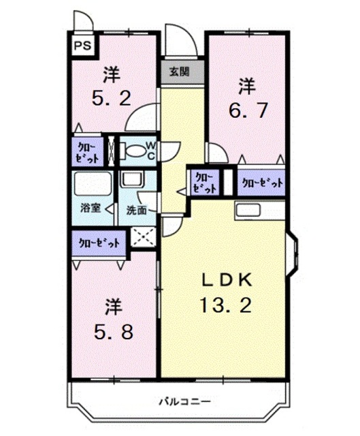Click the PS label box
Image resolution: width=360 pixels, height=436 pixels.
[x=82, y=46]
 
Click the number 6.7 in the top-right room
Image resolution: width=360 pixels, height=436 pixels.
[x=246, y=109]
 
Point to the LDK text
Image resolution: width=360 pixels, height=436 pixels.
[x=226, y=280]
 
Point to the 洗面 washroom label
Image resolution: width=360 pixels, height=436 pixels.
[x=136, y=210]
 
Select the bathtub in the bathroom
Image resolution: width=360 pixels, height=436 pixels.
[x=92, y=185]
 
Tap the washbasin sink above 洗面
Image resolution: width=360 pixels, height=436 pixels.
[x=130, y=181]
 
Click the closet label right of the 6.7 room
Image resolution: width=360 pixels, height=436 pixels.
[x=261, y=183]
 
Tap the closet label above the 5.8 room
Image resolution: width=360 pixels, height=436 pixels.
[x=99, y=241]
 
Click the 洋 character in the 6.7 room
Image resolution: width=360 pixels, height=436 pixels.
[x=246, y=86]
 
